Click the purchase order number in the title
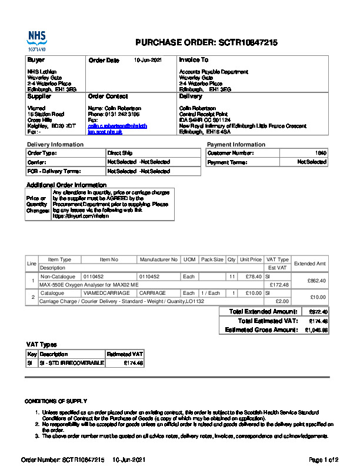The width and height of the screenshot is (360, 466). point(248,43)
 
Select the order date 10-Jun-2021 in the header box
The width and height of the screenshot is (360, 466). point(148,60)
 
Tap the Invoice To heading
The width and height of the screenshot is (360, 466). point(194,60)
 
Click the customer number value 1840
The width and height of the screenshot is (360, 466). point(321,153)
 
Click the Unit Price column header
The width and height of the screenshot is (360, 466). point(251,259)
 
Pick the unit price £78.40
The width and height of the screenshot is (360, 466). point(254,276)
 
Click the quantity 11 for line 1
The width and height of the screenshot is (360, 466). point(232,276)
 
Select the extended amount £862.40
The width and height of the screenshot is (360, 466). point(317,281)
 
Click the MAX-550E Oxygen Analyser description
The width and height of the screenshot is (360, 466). point(89,285)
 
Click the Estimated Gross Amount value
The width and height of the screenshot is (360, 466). point(316,331)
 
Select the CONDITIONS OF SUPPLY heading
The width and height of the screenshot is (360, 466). point(56,401)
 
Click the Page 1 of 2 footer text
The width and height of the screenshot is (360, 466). point(324,459)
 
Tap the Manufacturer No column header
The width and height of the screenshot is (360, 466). point(158,259)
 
